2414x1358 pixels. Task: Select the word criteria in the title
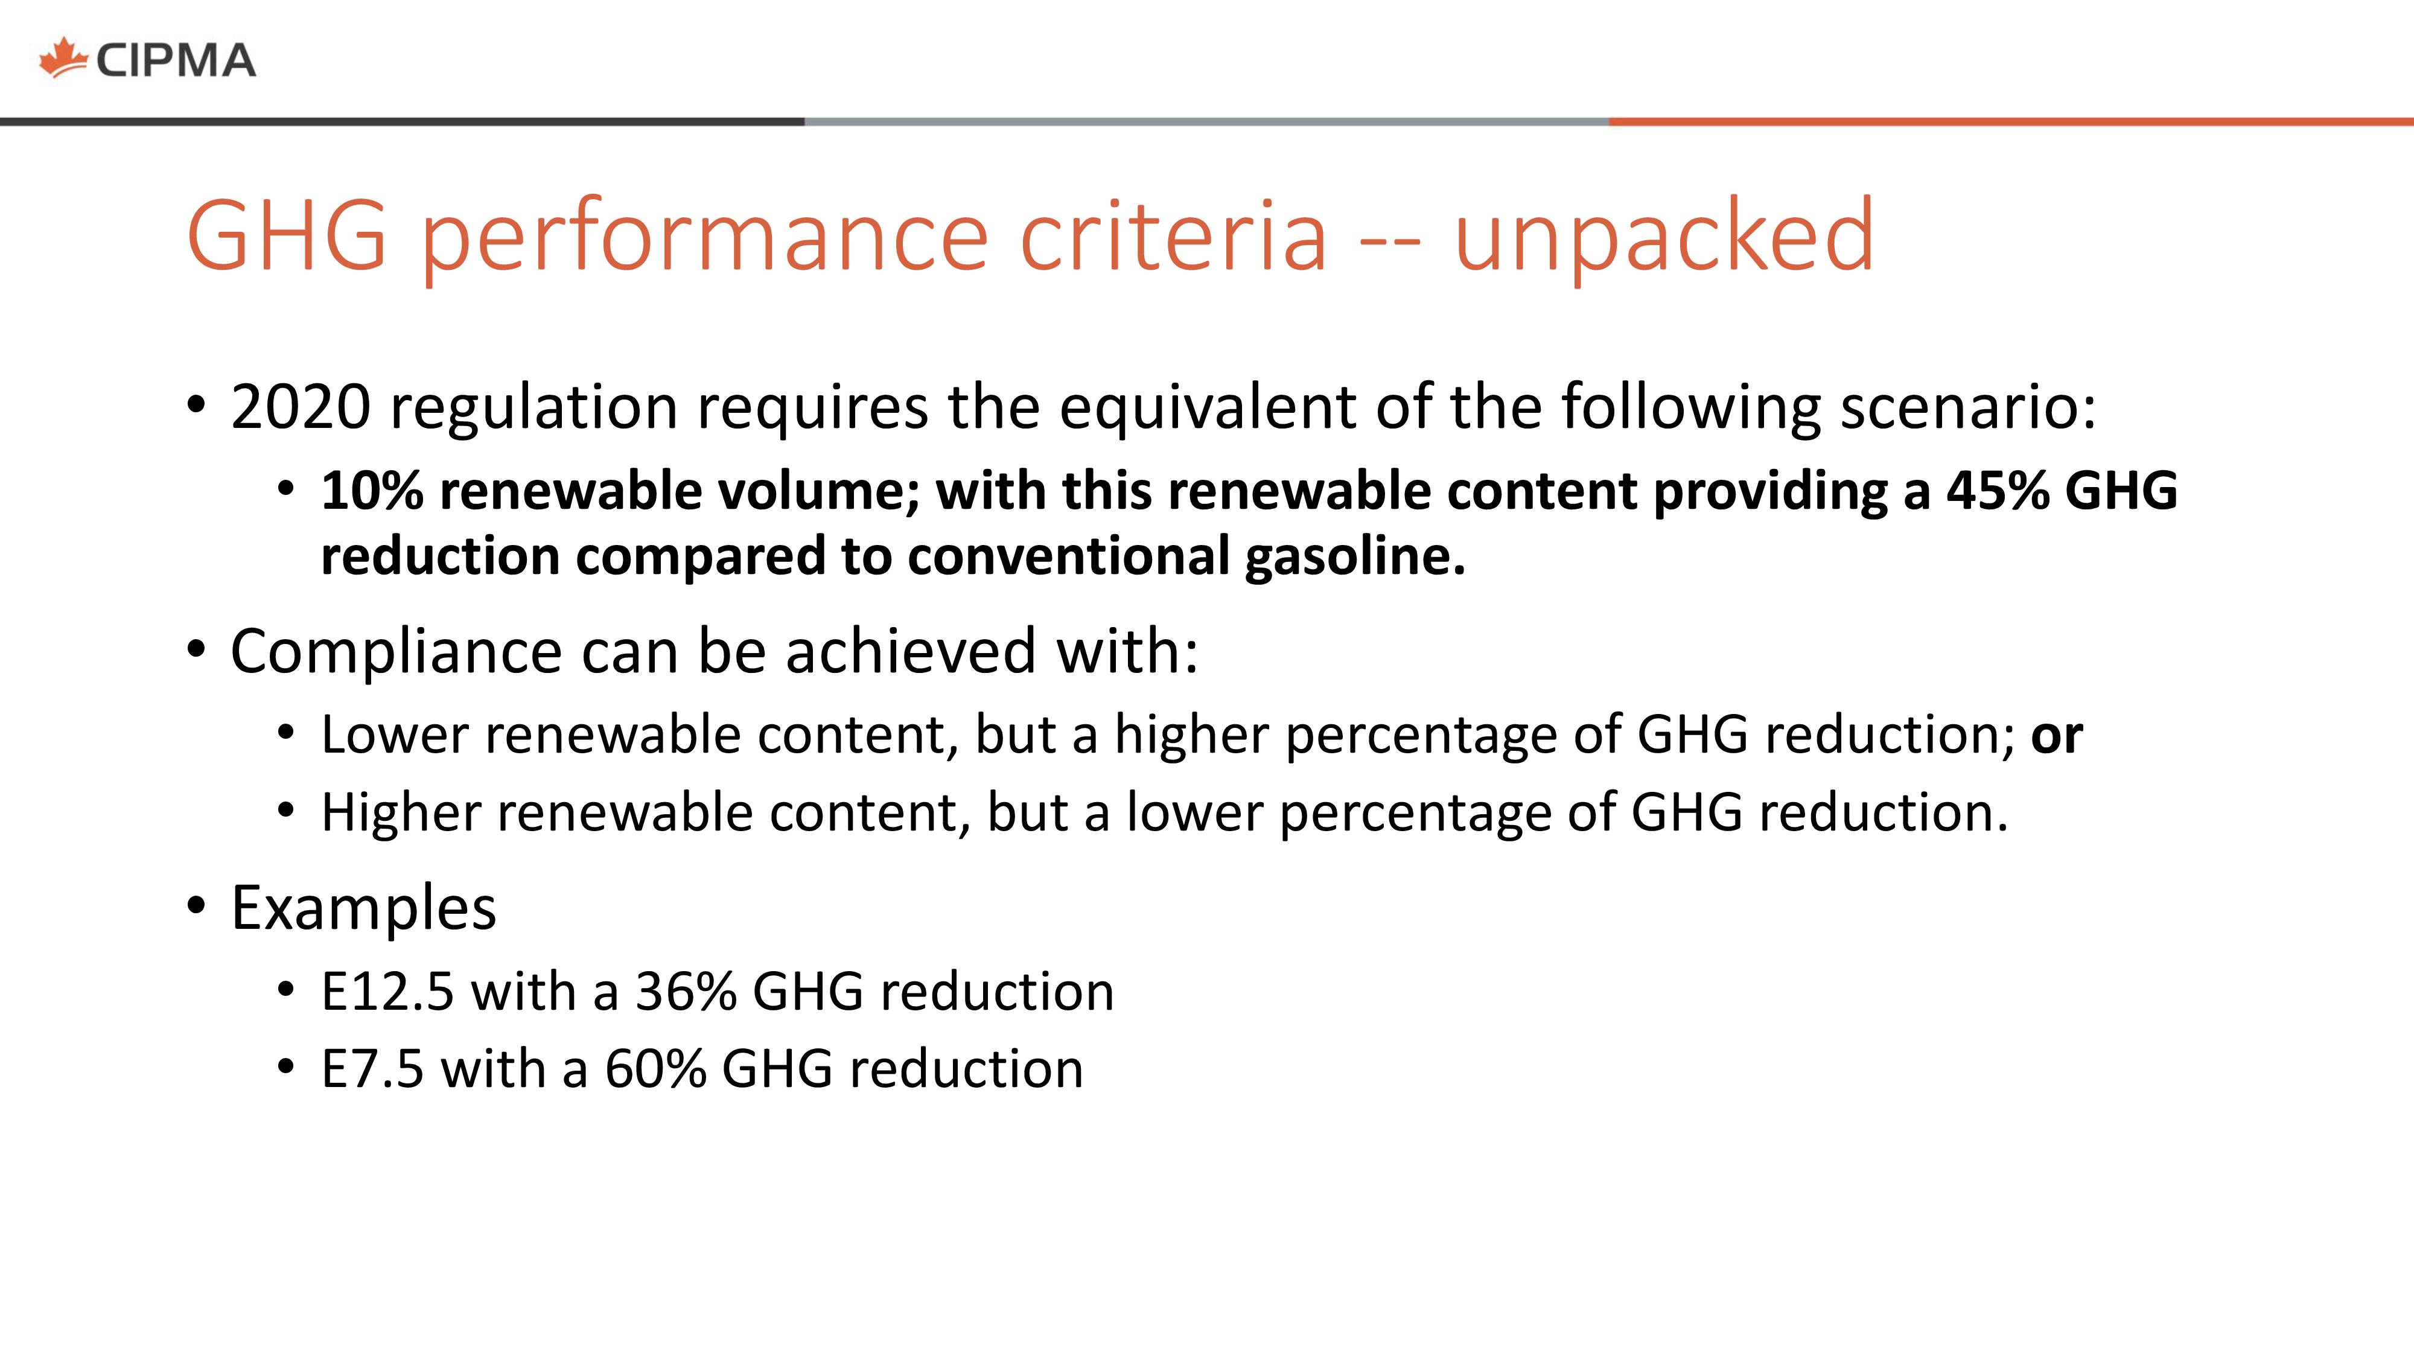1173,234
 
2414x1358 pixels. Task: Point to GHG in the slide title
287,234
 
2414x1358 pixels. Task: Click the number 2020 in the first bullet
301,407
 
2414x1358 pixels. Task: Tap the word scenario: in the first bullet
1968,407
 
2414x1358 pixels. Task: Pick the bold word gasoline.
1355,556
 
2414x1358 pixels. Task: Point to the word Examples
363,909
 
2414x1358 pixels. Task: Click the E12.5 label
388,992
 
